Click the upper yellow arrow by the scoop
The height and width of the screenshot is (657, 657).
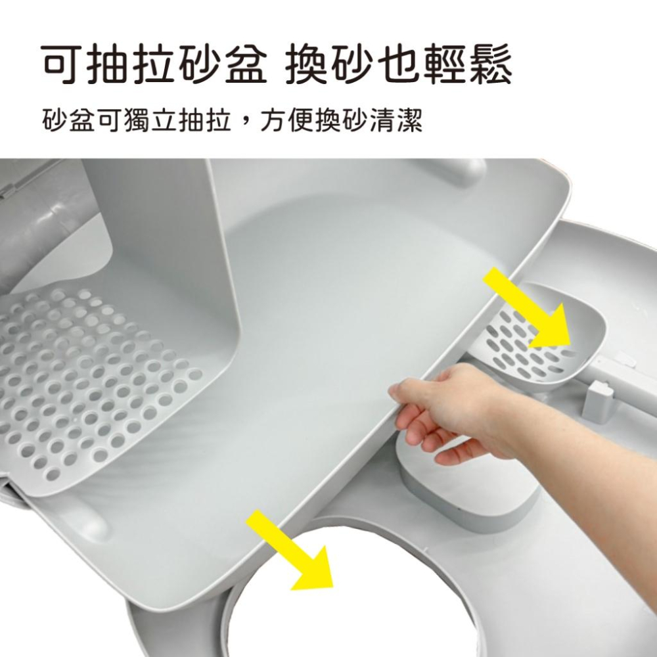point(530,309)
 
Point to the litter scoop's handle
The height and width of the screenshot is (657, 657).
point(624,388)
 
